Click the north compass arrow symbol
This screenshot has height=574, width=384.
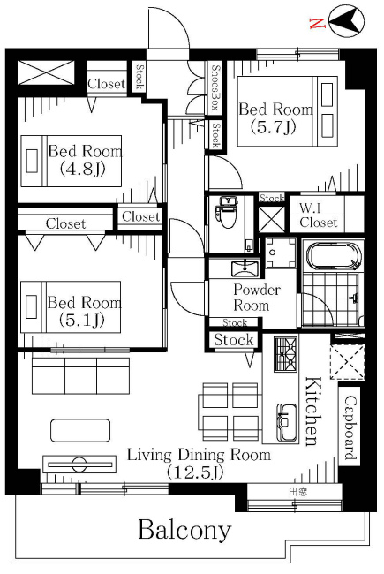click(x=346, y=20)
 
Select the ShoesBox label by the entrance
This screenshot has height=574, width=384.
click(x=215, y=87)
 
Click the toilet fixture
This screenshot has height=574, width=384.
click(x=228, y=212)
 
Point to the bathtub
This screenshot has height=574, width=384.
click(x=333, y=256)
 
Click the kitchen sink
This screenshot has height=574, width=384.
click(x=287, y=422)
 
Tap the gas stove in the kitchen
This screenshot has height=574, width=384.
click(x=285, y=354)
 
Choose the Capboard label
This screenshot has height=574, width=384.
click(x=350, y=427)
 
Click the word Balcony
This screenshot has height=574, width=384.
click(x=184, y=530)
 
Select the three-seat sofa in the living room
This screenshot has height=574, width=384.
click(x=80, y=375)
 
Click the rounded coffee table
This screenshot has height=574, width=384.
click(x=80, y=430)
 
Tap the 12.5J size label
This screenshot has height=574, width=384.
click(x=194, y=472)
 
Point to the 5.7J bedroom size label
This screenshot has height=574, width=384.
click(x=273, y=127)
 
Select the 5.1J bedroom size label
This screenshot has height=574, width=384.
click(x=81, y=320)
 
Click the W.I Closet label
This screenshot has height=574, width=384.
click(x=318, y=215)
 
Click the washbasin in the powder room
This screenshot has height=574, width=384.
click(x=245, y=268)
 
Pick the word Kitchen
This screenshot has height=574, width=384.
click(x=313, y=412)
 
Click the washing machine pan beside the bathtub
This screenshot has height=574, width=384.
click(x=281, y=253)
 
